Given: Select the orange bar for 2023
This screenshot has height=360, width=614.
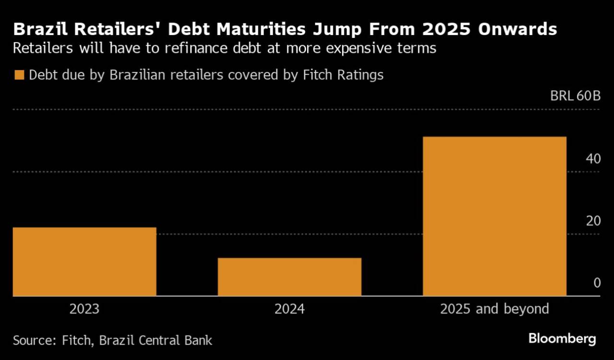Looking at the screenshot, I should (x=84, y=261).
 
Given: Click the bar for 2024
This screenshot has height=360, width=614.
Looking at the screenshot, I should (x=289, y=277).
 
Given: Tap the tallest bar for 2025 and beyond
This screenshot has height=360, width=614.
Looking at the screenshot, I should (x=494, y=216).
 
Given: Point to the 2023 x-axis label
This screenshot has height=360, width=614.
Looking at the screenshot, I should (x=84, y=309).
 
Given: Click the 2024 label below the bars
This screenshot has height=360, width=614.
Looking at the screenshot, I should (x=289, y=309).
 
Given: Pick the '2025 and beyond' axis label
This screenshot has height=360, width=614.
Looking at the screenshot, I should (x=494, y=309).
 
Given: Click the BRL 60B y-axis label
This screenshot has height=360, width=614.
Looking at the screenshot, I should (x=575, y=96).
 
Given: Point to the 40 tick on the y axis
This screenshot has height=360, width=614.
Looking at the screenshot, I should (x=593, y=159).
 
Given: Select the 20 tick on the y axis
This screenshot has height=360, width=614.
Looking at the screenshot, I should (x=593, y=221).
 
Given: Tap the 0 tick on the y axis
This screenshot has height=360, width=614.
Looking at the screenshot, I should (x=597, y=283).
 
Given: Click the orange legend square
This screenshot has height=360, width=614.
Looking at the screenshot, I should (x=19, y=75).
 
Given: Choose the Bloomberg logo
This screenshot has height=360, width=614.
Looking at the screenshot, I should (x=562, y=339).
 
